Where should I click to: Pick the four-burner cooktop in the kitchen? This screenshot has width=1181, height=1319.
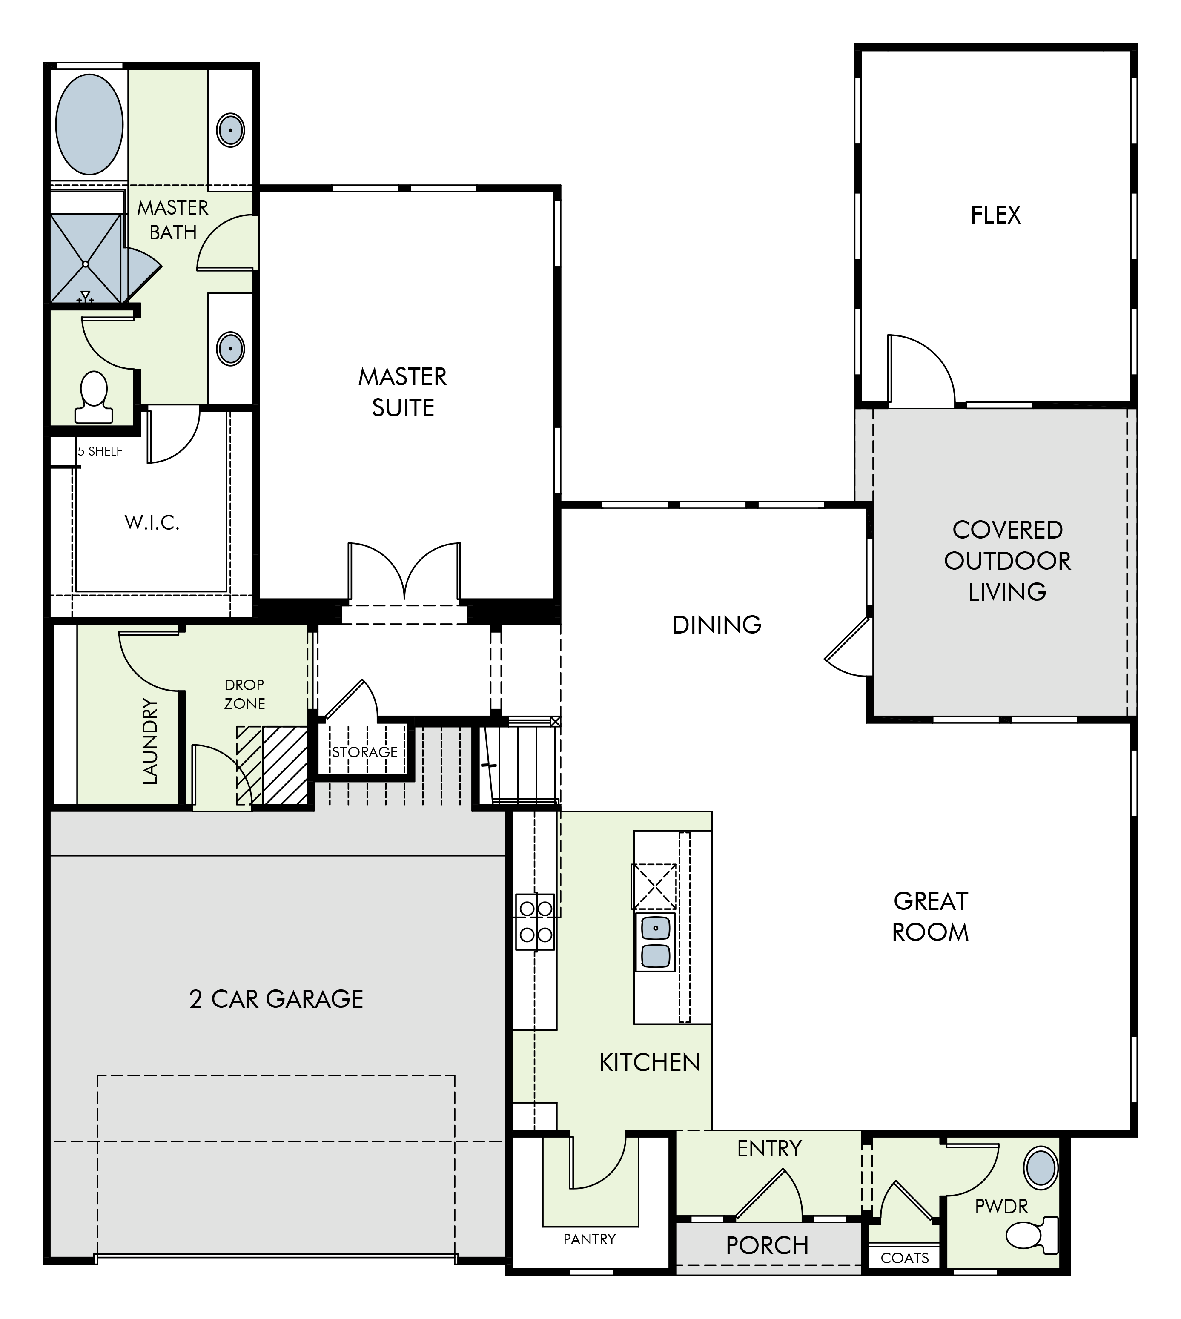click(x=535, y=922)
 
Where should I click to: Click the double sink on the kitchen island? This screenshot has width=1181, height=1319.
click(x=655, y=942)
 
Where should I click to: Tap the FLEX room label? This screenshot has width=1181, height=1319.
click(x=995, y=215)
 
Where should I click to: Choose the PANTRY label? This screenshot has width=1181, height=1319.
click(x=589, y=1239)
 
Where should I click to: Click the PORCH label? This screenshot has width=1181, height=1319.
click(x=767, y=1245)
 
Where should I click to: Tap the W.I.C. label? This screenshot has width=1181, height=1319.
click(x=152, y=522)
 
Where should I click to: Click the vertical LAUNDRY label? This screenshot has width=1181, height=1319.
click(x=150, y=742)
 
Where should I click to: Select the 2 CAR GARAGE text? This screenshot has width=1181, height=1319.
click(x=276, y=998)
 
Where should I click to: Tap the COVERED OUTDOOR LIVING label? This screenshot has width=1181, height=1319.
click(x=1007, y=561)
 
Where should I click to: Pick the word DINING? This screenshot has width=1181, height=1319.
click(x=717, y=625)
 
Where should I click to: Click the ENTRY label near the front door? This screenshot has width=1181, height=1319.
click(x=770, y=1148)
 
